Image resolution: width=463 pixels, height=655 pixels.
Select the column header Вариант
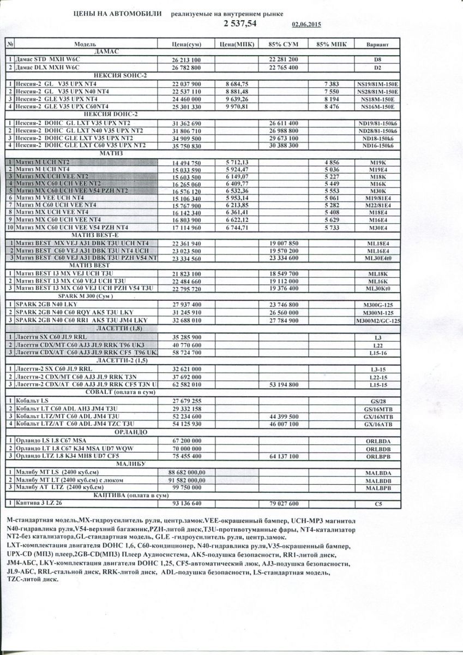[377, 43]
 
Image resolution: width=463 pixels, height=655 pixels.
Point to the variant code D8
[377, 59]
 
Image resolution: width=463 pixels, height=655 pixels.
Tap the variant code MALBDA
[377, 472]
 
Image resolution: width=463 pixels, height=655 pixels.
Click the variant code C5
[377, 504]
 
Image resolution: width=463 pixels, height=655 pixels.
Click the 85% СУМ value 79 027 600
[284, 504]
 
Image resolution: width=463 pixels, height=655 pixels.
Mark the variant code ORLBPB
[377, 455]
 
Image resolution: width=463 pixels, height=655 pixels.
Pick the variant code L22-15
[377, 377]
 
